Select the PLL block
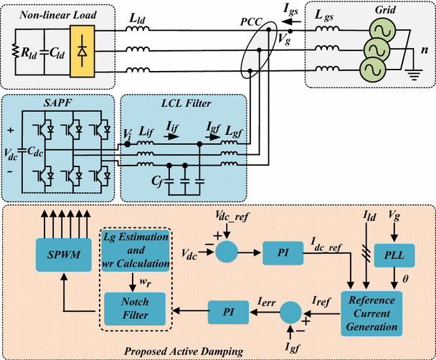pos(394,255)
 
